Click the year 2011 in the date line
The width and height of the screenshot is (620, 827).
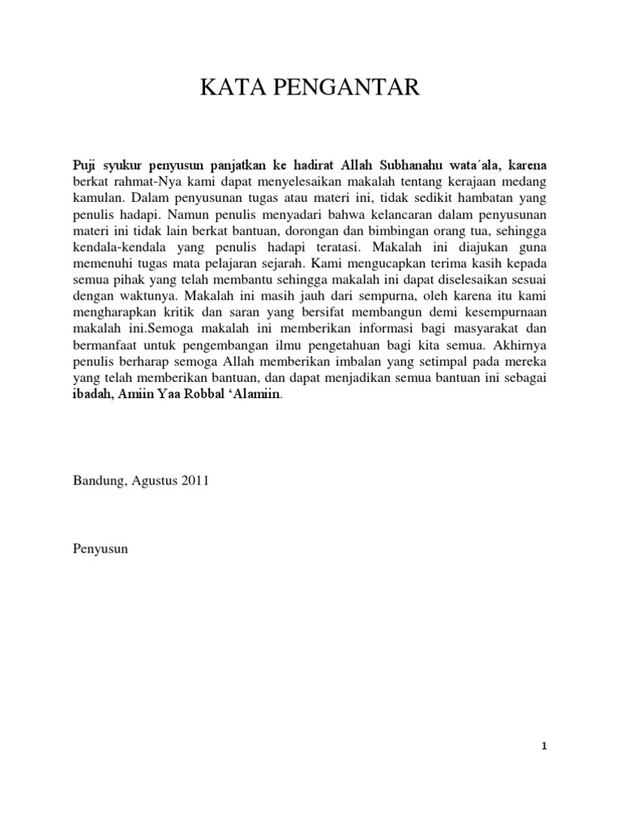click(195, 480)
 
